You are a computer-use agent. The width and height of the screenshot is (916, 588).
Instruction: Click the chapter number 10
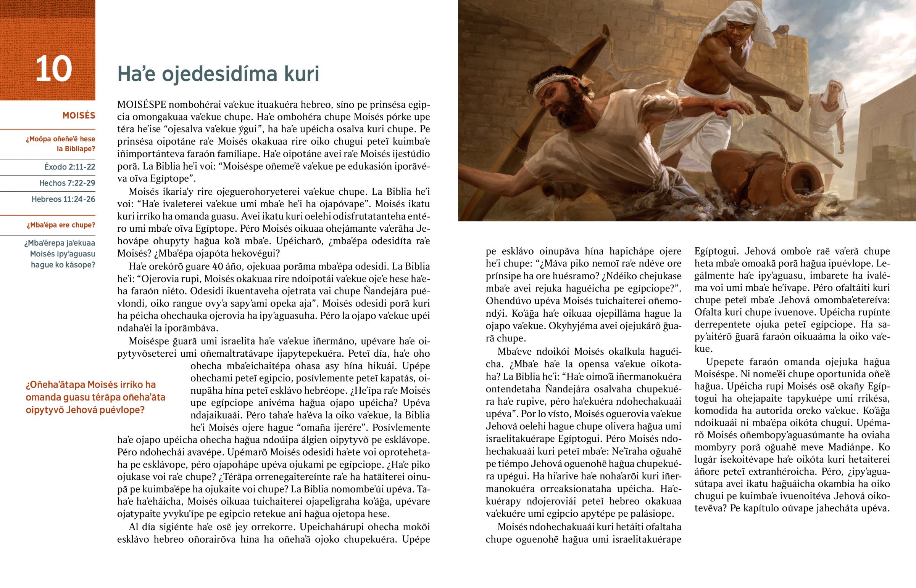click(x=53, y=69)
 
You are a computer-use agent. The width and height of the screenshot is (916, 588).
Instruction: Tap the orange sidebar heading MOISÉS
click(x=79, y=115)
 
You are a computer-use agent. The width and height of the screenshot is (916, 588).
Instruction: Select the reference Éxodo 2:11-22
click(x=69, y=167)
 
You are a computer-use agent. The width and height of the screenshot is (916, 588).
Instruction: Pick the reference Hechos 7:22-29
click(x=67, y=183)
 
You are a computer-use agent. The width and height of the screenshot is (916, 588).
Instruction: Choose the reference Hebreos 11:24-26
click(x=63, y=199)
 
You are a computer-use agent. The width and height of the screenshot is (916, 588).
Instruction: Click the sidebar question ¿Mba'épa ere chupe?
click(x=61, y=225)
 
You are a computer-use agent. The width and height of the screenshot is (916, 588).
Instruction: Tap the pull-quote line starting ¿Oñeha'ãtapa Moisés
click(x=90, y=385)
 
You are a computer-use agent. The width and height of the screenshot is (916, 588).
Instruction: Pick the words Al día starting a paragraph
click(x=142, y=527)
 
